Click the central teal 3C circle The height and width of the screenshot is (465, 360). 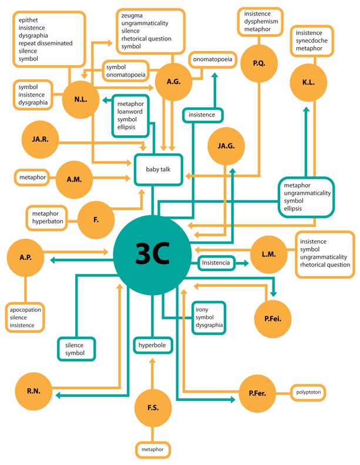click(x=153, y=255)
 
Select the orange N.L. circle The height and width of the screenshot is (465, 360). click(x=80, y=99)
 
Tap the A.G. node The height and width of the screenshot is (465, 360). click(x=173, y=82)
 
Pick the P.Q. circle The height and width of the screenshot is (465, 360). click(x=259, y=63)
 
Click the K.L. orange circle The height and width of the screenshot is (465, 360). click(x=308, y=82)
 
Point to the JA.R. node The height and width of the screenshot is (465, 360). click(x=40, y=139)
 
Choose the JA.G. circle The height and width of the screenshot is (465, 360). click(x=226, y=146)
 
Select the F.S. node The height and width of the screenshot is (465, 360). click(x=153, y=408)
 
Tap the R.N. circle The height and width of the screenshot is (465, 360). click(x=33, y=391)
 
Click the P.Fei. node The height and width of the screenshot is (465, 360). click(x=272, y=319)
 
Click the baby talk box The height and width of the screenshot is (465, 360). click(x=158, y=170)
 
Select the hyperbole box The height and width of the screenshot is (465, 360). click(x=152, y=345)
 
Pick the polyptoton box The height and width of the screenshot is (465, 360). click(x=308, y=392)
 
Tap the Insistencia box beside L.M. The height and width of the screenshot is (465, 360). click(x=216, y=263)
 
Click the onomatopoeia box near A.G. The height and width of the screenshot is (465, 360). click(x=213, y=59)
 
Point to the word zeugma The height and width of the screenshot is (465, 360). click(x=132, y=15)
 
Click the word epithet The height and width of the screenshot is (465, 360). click(x=28, y=20)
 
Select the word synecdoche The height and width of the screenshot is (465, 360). click(x=312, y=41)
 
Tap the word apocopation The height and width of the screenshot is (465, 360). click(x=25, y=310)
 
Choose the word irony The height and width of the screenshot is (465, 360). click(x=202, y=310)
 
